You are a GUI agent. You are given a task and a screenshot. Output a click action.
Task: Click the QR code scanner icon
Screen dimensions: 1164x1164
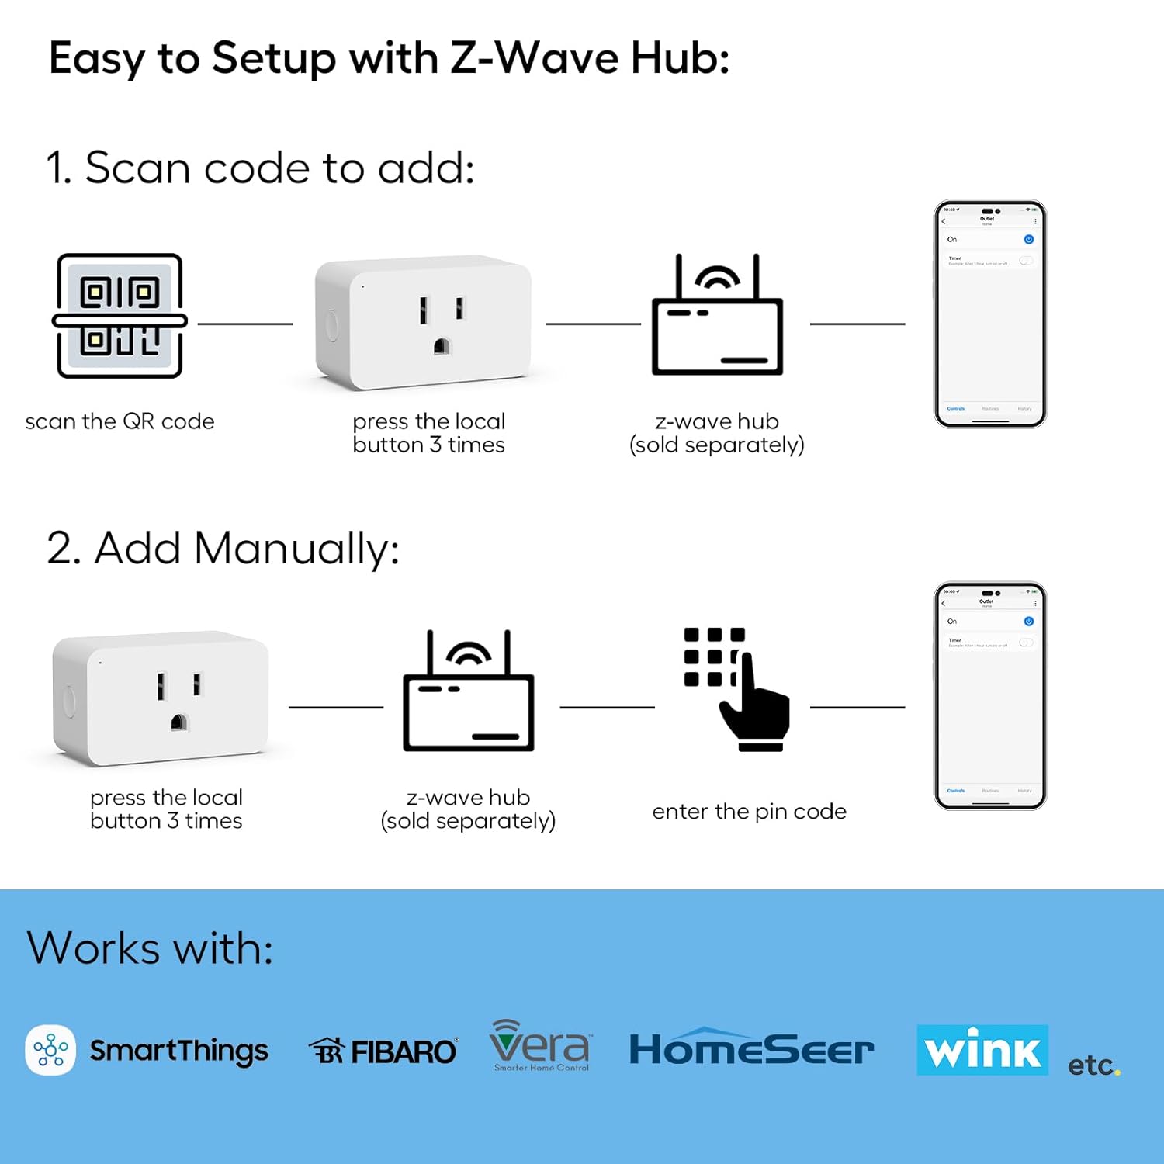coord(120,316)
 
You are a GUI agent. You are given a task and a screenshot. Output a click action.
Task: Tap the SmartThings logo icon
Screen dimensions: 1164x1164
coord(50,1050)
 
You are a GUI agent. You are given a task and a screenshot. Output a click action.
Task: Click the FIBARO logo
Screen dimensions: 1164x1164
coord(383,1051)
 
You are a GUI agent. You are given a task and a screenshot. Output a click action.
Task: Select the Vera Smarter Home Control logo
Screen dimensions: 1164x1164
coord(540,1046)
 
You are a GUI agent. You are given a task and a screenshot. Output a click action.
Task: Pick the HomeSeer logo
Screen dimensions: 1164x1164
coord(751,1049)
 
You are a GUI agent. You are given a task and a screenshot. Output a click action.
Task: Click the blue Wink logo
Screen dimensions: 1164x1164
coord(982,1050)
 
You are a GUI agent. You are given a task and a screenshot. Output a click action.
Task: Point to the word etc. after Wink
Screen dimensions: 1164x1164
coord(1093,1065)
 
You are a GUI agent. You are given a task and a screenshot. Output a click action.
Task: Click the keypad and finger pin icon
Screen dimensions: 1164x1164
coord(736,689)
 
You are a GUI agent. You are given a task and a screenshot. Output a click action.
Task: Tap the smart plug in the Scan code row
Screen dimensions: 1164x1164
coord(424,323)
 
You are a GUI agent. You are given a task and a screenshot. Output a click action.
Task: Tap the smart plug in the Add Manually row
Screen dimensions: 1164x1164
coord(161,698)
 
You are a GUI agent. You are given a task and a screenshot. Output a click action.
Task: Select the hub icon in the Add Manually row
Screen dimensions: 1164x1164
coord(468,692)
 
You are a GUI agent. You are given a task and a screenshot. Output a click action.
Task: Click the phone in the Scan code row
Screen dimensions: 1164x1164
coord(990,314)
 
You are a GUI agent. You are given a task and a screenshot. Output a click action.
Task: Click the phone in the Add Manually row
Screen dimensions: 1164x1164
coord(990,696)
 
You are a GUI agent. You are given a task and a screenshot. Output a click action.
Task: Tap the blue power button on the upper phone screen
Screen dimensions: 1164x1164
coord(1028,240)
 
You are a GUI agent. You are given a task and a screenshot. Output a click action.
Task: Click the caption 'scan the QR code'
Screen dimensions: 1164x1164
coord(120,421)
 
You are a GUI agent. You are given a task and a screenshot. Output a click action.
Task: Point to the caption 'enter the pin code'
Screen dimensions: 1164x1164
coord(749,812)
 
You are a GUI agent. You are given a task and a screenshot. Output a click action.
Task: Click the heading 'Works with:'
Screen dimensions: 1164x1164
coord(151,948)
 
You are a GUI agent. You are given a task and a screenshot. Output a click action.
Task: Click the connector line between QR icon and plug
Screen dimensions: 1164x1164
coord(245,324)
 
